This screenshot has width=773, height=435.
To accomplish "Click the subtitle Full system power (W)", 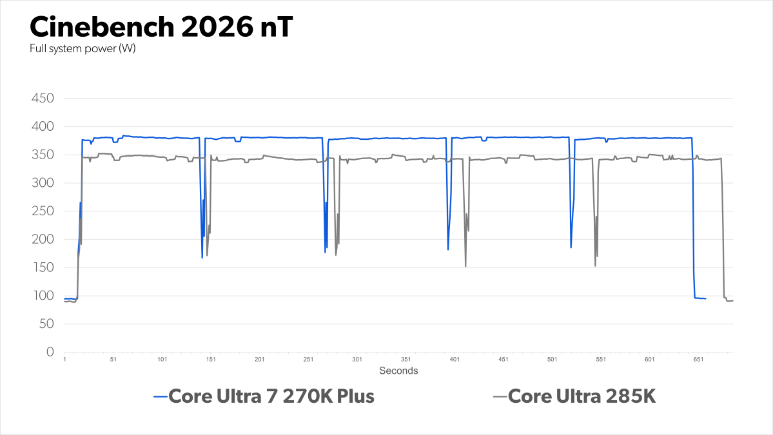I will click(x=83, y=50).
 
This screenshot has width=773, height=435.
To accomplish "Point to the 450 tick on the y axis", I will click(x=43, y=99).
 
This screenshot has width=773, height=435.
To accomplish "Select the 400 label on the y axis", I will click(x=43, y=127).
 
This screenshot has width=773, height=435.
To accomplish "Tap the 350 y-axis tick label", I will click(x=43, y=155).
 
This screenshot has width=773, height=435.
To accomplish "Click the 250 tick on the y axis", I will click(x=43, y=211).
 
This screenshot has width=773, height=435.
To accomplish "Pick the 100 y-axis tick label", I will click(x=43, y=296).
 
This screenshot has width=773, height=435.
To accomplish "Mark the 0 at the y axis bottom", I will click(x=49, y=352).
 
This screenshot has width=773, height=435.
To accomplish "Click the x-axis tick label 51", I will click(x=113, y=360).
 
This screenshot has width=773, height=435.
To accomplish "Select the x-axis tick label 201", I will click(x=259, y=360).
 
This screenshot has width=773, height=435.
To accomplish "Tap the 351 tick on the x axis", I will click(x=406, y=360).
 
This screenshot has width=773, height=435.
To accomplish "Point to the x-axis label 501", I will click(x=552, y=360).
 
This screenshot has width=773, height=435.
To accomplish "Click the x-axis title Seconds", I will click(x=398, y=371).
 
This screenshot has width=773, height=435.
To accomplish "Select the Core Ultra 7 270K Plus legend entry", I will click(x=271, y=396).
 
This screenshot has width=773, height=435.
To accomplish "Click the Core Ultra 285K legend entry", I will click(x=582, y=396).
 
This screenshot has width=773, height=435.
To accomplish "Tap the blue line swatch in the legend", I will click(x=160, y=397).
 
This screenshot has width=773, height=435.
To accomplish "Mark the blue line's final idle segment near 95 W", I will click(x=700, y=298).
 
